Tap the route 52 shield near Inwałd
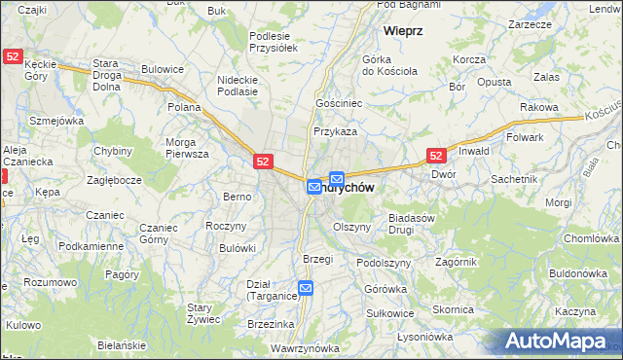(x=437, y=155)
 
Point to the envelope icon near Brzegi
(x=306, y=288)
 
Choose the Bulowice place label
(x=163, y=69)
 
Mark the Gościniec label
(x=339, y=102)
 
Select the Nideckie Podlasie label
(x=238, y=86)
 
